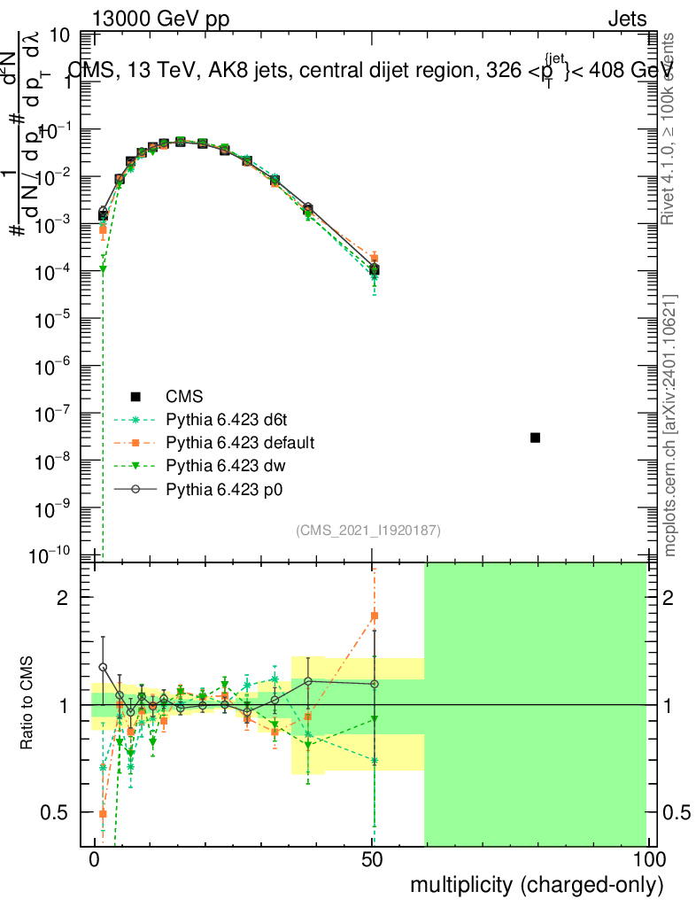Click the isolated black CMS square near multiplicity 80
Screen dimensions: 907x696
tap(536, 438)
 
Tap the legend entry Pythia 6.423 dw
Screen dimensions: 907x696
tap(225, 464)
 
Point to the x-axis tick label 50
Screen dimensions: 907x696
tap(372, 859)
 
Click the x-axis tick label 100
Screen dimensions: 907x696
tap(649, 859)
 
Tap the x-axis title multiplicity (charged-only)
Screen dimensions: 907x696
tap(537, 884)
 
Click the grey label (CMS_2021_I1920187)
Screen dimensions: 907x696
tap(368, 530)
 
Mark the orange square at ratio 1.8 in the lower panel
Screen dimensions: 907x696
tap(375, 616)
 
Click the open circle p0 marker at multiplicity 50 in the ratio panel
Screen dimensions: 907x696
tap(375, 684)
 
